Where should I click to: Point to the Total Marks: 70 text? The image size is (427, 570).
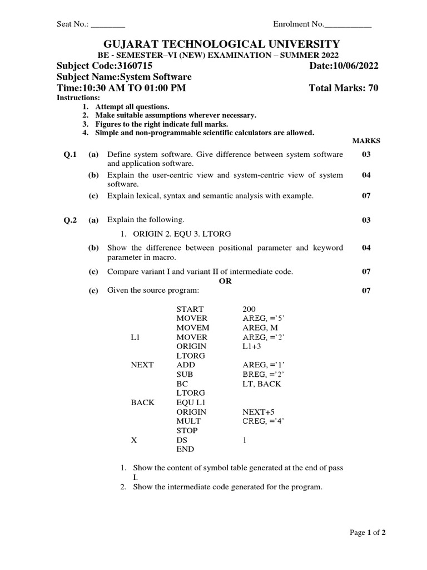pyautogui.click(x=344, y=89)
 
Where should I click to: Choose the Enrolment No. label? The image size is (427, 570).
pyautogui.click(x=298, y=24)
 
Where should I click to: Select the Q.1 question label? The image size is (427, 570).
pyautogui.click(x=70, y=154)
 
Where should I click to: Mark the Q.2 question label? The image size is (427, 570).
pyautogui.click(x=70, y=220)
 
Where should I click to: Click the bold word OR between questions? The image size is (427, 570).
pyautogui.click(x=225, y=281)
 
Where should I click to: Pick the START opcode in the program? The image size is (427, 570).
pyautogui.click(x=190, y=309)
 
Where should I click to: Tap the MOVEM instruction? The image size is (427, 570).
pyautogui.click(x=192, y=328)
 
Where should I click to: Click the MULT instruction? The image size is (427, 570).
pyautogui.click(x=189, y=421)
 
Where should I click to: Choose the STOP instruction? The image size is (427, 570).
pyautogui.click(x=187, y=431)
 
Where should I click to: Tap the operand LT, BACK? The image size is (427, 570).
pyautogui.click(x=262, y=384)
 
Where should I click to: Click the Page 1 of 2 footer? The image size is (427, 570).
pyautogui.click(x=368, y=533)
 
